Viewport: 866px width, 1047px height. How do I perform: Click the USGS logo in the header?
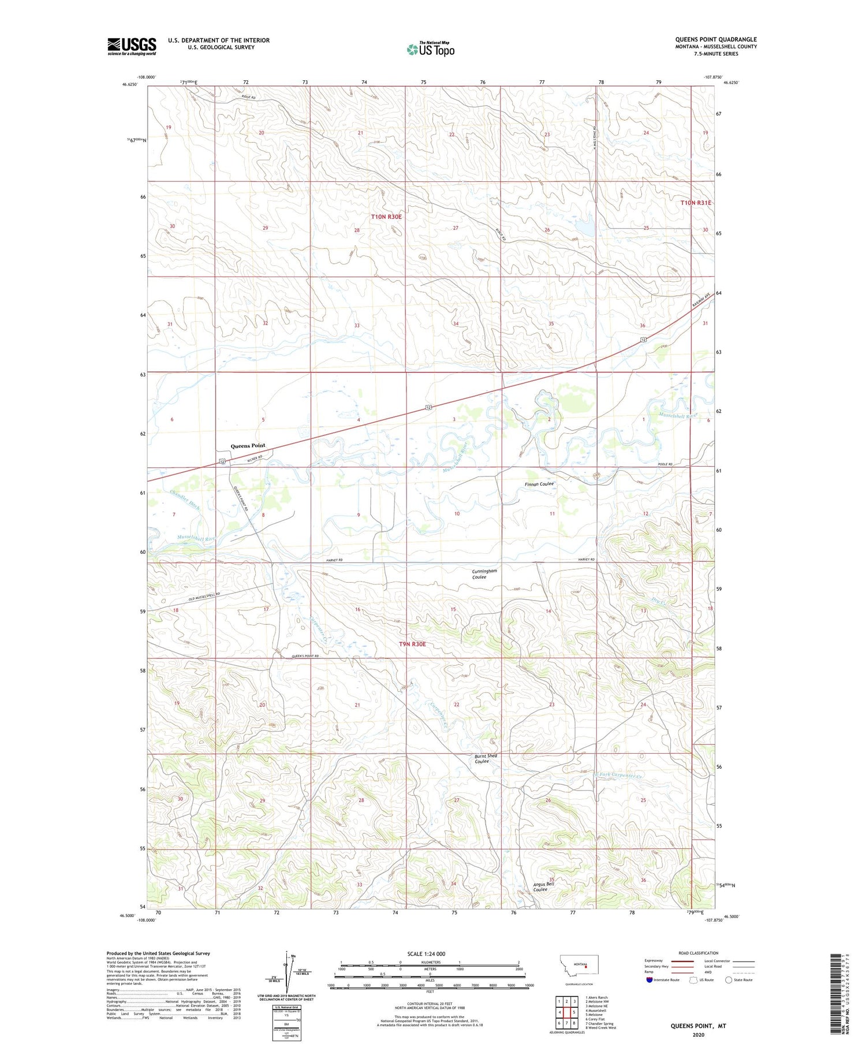(132, 46)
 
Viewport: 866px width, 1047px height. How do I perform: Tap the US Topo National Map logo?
(431, 49)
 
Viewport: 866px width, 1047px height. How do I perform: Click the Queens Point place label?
(248, 446)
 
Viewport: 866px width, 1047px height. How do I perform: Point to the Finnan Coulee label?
(539, 484)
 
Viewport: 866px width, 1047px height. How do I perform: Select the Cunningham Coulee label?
(484, 574)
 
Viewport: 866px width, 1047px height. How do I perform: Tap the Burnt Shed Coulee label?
(485, 758)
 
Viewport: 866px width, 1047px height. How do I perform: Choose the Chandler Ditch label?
(185, 499)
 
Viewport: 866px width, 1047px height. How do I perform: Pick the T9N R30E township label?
(412, 644)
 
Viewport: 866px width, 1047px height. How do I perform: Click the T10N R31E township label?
(695, 203)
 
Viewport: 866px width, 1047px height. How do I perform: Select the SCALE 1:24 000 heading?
(426, 953)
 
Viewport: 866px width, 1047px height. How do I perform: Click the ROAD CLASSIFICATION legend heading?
(698, 953)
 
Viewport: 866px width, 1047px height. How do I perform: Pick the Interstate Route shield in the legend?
(649, 979)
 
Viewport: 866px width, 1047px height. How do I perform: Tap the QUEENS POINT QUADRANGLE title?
(715, 39)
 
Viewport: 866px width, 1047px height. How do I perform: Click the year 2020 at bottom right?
(697, 1034)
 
